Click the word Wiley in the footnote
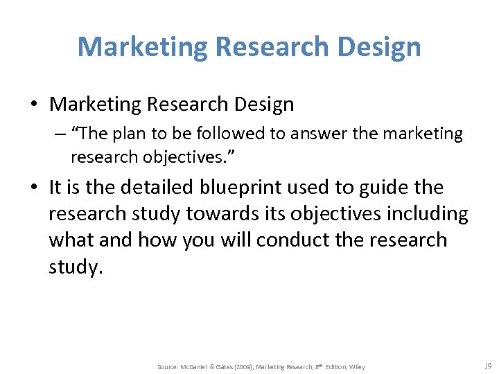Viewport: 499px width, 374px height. pyautogui.click(x=357, y=366)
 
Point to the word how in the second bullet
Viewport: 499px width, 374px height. pyautogui.click(x=157, y=240)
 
